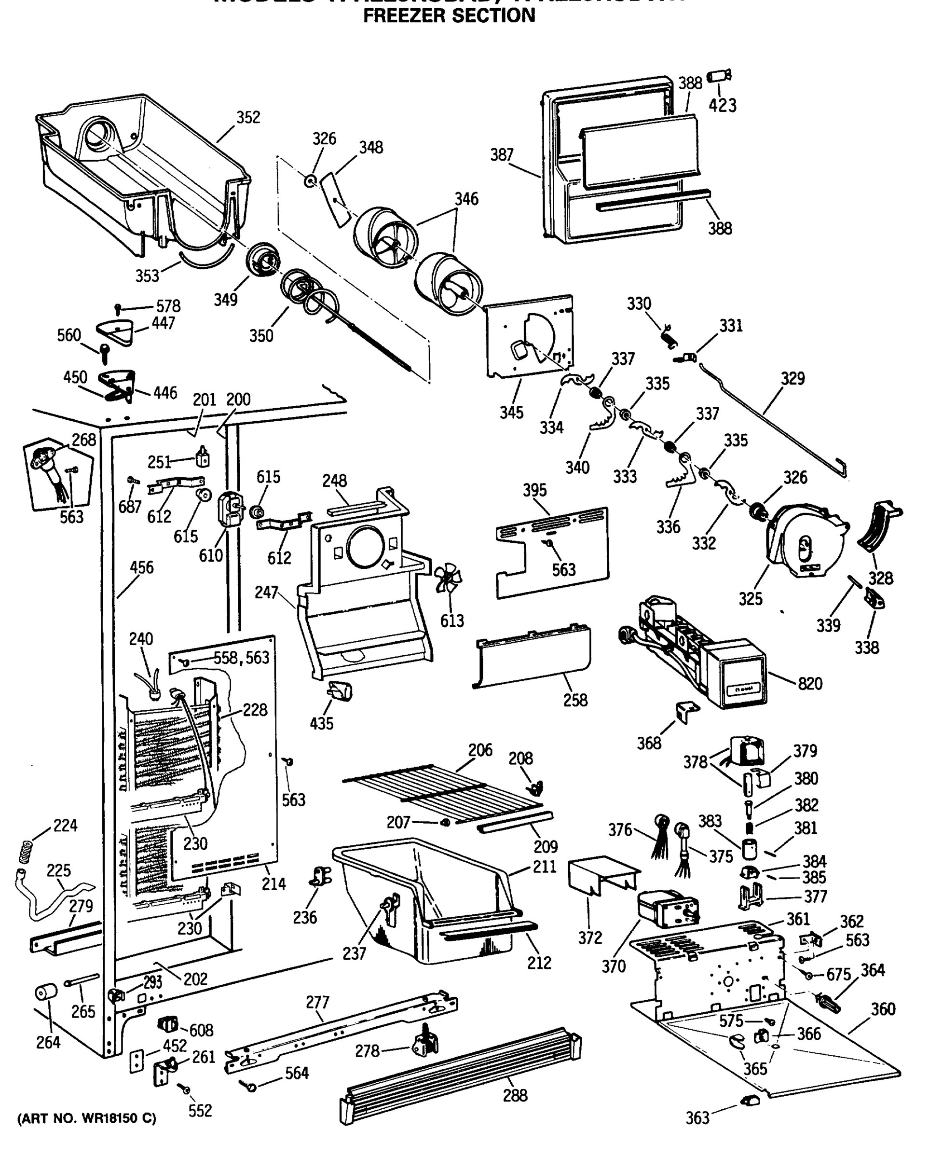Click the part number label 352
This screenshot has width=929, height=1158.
248,118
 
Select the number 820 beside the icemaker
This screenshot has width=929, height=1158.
810,684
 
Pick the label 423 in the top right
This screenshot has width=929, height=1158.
722,106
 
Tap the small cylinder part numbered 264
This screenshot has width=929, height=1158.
46,992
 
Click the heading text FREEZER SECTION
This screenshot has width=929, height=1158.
449,15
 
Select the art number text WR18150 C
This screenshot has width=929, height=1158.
87,1119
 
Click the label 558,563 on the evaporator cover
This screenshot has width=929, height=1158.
241,658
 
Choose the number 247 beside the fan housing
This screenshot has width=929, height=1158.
266,593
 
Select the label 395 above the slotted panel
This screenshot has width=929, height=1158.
534,490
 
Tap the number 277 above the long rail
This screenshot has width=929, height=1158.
317,1002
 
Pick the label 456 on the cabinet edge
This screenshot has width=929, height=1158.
142,568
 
